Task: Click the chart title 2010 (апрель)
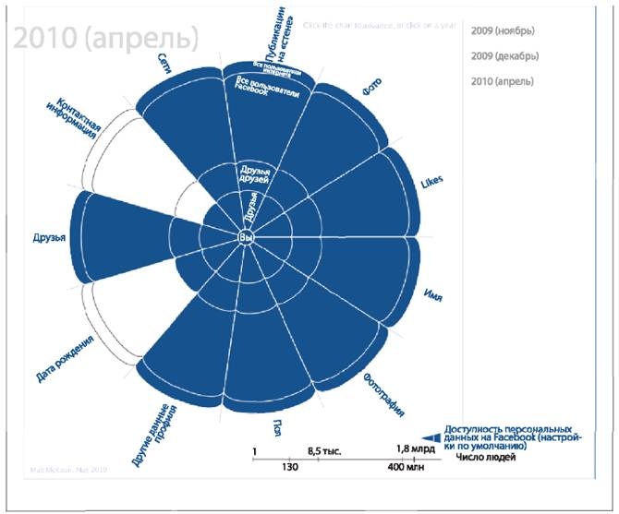point(105,38)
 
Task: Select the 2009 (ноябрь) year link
point(502,30)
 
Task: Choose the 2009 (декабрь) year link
point(504,56)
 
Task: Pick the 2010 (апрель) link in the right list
point(502,82)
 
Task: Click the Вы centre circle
point(245,238)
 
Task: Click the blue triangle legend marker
point(430,438)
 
